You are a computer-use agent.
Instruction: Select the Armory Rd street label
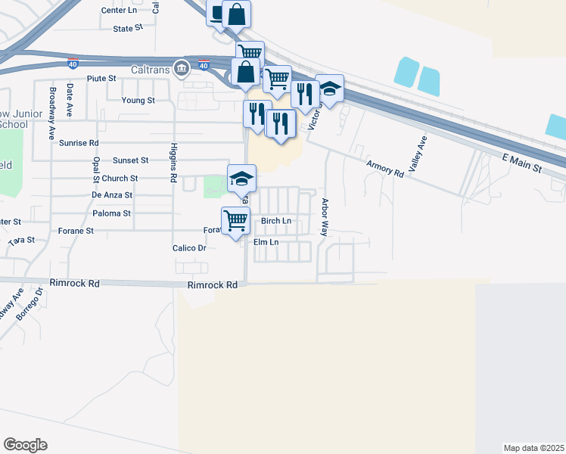pyautogui.click(x=384, y=168)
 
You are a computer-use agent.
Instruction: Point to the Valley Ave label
pyautogui.click(x=418, y=156)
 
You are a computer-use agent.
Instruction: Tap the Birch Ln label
pyautogui.click(x=276, y=221)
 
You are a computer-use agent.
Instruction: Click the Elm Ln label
pyautogui.click(x=266, y=242)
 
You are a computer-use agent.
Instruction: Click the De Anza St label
pyautogui.click(x=112, y=194)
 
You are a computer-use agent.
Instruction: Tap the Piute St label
pyautogui.click(x=101, y=78)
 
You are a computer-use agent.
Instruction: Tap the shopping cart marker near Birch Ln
pyautogui.click(x=236, y=220)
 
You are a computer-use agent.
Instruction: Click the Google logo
pyautogui.click(x=25, y=445)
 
